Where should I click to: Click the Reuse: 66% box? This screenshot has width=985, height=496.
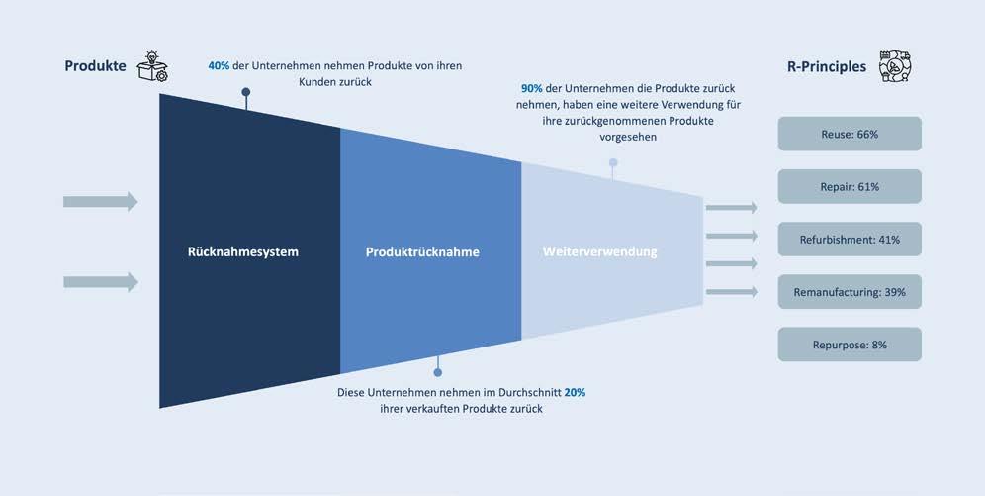coord(850,134)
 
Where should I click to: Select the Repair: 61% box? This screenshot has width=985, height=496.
coord(850,186)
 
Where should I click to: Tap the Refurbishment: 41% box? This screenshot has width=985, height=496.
coord(850,240)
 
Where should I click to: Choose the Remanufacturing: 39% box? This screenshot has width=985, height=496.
coord(850,292)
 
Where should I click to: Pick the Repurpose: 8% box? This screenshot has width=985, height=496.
coord(850,345)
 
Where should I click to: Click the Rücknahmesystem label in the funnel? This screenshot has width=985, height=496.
coord(242,252)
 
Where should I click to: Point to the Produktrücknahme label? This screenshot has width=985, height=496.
coord(422,252)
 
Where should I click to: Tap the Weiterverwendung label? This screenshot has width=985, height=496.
coord(600,252)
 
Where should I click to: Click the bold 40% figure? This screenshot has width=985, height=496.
coord(219,65)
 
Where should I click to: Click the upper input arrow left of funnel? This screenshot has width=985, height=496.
coord(101,202)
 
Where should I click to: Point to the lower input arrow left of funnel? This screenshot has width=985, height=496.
coord(101,282)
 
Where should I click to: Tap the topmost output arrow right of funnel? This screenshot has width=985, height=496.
coord(732,208)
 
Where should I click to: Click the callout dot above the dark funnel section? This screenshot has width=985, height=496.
coord(246,92)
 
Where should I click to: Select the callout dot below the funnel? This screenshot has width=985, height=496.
coord(438,373)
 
